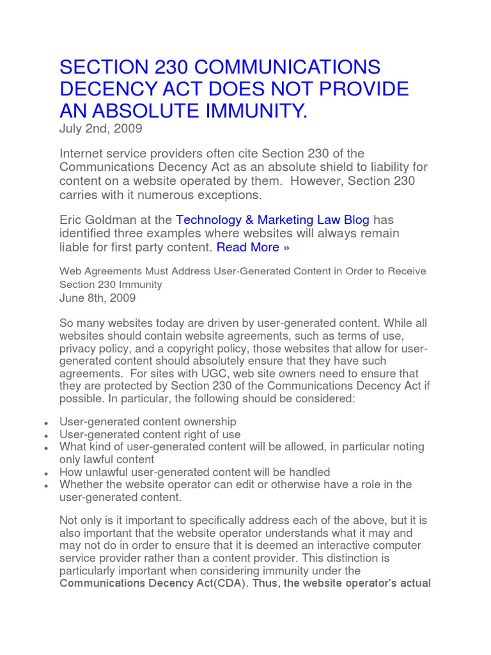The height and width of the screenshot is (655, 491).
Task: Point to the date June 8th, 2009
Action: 97,298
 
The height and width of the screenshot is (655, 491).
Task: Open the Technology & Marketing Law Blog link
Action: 272,219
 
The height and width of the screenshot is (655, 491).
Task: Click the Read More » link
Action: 253,248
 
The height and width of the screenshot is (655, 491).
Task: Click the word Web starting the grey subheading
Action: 70,271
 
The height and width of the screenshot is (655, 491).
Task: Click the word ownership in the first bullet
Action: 205,422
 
